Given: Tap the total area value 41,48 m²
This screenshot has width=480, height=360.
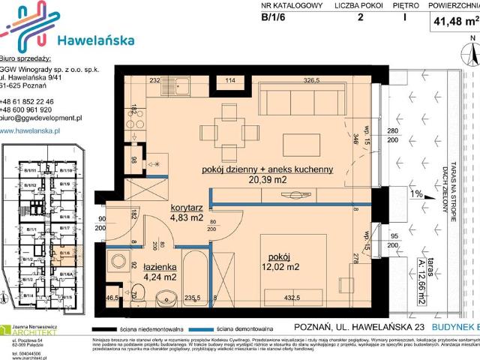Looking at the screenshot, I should click(454, 22).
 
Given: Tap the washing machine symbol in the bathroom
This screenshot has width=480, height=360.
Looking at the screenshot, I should click(118, 262).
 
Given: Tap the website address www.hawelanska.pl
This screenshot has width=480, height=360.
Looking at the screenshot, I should click(30, 130).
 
